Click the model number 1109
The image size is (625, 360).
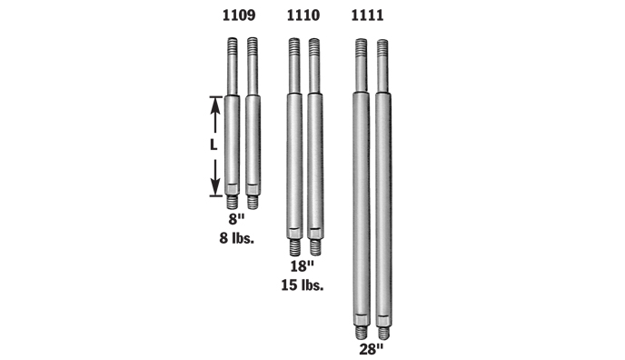[x=239, y=15]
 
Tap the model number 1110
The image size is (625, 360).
[x=303, y=15]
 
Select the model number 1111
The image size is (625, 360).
[x=367, y=15]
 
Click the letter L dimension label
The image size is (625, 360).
[x=214, y=145]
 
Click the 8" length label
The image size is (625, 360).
[x=236, y=219]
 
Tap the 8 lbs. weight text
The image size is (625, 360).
[x=237, y=238]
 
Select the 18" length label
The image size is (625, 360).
[x=303, y=266]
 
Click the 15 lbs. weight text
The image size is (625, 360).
[x=303, y=285]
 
